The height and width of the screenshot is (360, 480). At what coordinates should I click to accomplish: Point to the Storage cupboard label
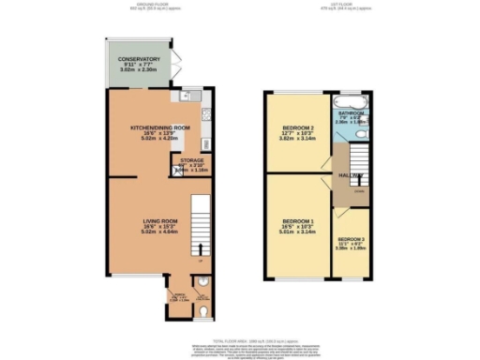tap(192, 160)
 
